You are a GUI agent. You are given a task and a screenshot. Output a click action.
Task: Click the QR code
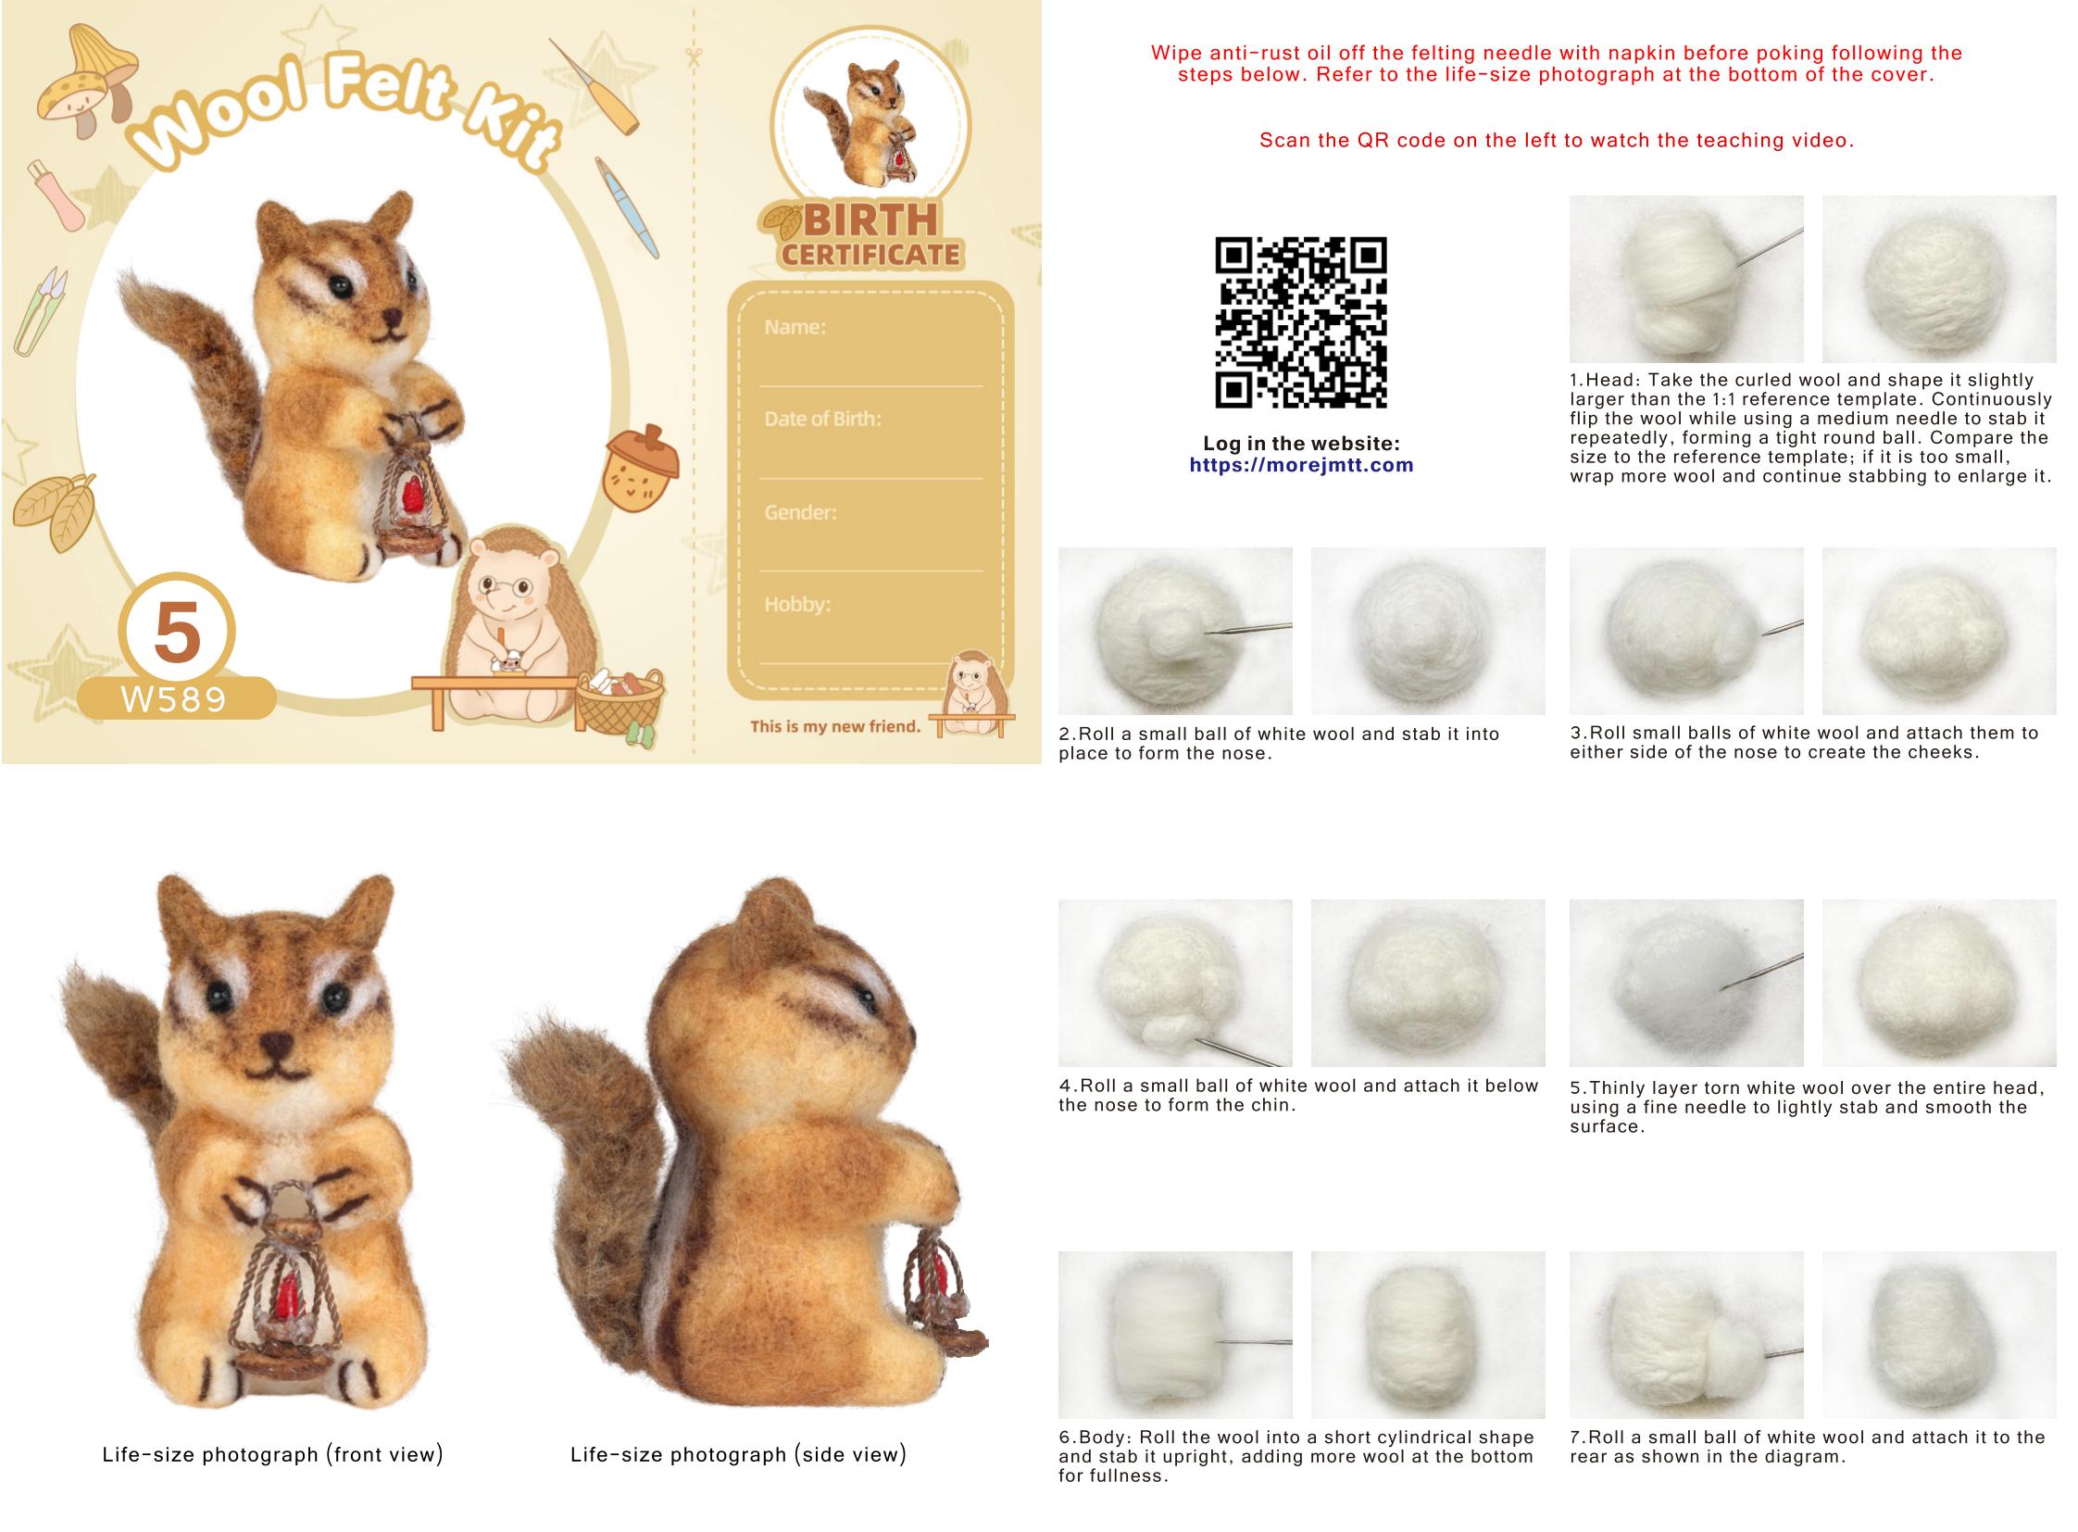(1300, 321)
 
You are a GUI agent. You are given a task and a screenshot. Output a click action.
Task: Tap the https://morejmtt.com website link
(1301, 465)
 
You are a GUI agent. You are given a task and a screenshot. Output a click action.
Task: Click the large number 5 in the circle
(176, 631)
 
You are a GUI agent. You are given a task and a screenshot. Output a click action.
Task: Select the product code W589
(173, 698)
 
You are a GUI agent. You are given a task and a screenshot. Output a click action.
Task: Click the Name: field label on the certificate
(795, 326)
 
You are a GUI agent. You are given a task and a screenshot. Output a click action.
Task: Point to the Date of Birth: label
(822, 419)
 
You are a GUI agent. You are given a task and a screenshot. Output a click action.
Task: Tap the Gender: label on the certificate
(800, 512)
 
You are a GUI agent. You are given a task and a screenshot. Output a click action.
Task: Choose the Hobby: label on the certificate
(797, 605)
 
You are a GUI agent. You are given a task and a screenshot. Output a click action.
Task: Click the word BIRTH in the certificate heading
(870, 220)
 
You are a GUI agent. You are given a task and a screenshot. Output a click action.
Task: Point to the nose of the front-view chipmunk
(275, 1046)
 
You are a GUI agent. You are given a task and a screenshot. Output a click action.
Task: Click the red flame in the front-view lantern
(287, 1297)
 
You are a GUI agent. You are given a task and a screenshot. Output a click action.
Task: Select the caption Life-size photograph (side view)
(738, 1454)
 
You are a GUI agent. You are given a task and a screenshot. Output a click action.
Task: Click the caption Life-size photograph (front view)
(272, 1454)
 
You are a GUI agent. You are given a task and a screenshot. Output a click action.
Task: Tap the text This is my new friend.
(834, 726)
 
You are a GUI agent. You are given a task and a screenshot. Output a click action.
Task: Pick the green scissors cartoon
(40, 311)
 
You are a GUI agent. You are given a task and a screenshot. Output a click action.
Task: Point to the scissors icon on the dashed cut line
(693, 57)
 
